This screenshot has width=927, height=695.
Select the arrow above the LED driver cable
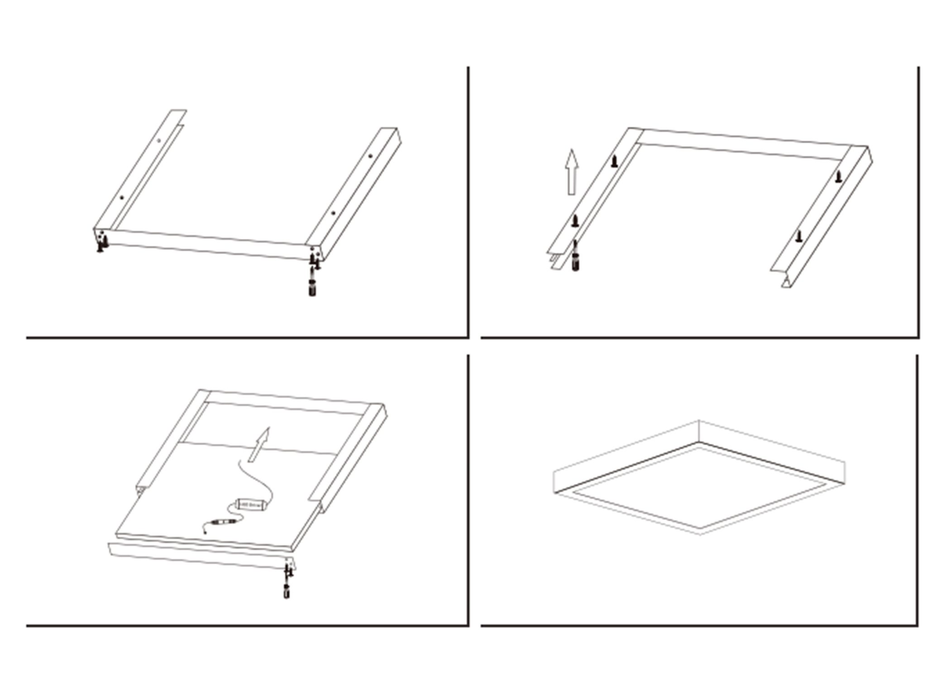click(x=259, y=445)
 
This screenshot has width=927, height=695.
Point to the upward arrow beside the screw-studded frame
click(x=573, y=172)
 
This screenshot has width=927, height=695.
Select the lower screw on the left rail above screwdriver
click(x=575, y=221)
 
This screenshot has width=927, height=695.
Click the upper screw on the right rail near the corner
click(x=838, y=177)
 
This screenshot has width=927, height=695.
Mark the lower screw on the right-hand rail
click(x=799, y=236)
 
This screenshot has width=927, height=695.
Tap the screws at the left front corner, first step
click(x=102, y=242)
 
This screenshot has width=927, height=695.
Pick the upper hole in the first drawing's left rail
click(x=159, y=140)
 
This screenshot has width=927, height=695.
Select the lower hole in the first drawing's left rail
click(x=122, y=198)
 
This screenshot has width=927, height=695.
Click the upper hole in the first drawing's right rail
click(x=370, y=156)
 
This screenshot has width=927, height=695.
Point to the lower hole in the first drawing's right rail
click(x=333, y=213)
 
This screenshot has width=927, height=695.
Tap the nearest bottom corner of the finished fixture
click(x=700, y=534)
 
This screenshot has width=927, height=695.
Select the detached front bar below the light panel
click(x=199, y=556)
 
